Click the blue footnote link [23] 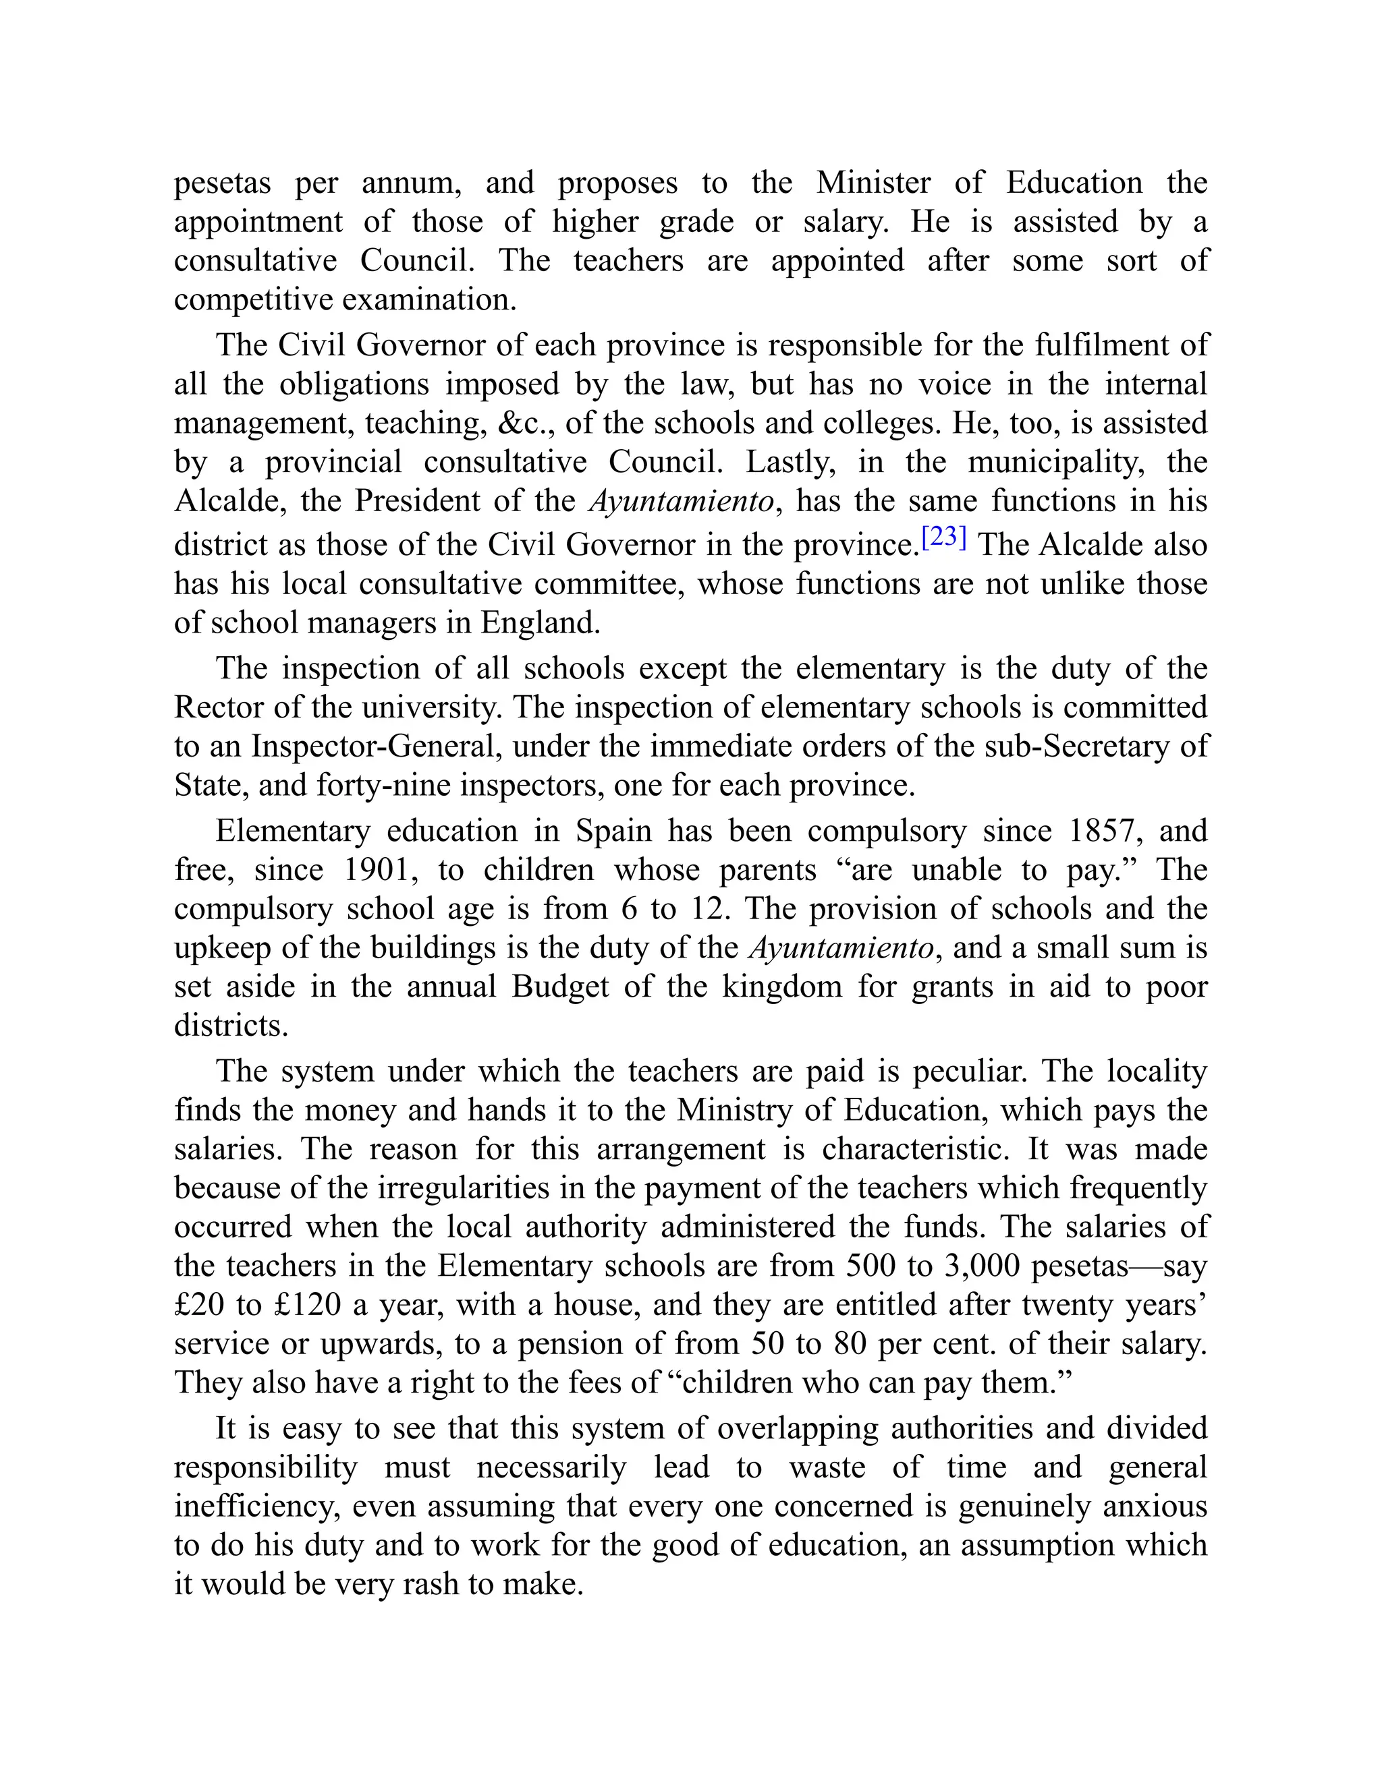point(943,537)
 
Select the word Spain point(613,831)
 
